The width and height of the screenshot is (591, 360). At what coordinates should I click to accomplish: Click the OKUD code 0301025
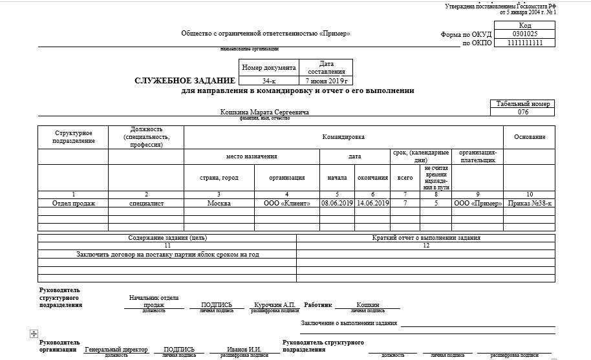tap(524, 34)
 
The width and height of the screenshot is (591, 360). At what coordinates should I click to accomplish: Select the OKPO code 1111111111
tap(524, 43)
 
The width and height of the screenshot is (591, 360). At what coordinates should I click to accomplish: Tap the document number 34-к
tap(269, 81)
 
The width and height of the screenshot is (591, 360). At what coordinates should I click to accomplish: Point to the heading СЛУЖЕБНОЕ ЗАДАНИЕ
tap(184, 81)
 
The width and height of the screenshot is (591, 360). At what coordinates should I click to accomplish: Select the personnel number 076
tap(523, 112)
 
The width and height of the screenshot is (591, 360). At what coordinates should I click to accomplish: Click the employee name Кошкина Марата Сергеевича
tap(264, 112)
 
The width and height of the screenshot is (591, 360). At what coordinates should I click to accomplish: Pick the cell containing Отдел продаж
tap(73, 203)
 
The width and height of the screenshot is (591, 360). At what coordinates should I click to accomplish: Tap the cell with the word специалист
tap(146, 203)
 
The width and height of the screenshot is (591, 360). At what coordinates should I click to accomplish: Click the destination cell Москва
tap(219, 203)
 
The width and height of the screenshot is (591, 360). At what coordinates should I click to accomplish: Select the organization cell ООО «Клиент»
tap(286, 203)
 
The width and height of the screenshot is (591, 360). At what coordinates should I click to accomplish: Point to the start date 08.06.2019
tap(337, 203)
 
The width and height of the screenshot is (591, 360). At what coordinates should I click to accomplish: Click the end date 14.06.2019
tap(372, 203)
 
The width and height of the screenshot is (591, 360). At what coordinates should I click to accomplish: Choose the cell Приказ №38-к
tap(529, 203)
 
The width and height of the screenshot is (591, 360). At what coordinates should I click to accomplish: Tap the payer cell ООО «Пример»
tap(477, 203)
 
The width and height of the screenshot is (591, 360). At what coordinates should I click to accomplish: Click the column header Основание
tap(529, 137)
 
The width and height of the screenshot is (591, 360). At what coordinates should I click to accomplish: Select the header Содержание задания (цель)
tap(167, 238)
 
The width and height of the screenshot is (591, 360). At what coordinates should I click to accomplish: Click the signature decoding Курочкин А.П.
tap(274, 304)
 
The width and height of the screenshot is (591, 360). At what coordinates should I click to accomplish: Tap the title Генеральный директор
tap(116, 350)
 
